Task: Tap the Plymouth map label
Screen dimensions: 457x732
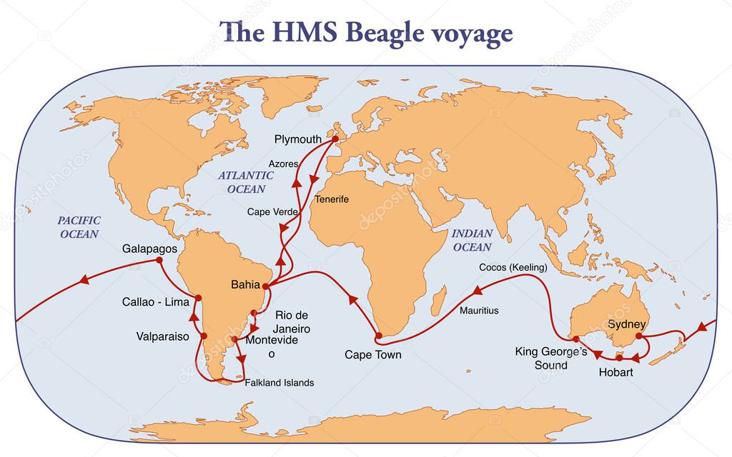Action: tap(298, 139)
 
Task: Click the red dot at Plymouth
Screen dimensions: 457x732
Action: tap(335, 139)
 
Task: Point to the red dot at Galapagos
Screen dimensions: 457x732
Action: tap(159, 261)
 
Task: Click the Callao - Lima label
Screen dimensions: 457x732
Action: tap(155, 301)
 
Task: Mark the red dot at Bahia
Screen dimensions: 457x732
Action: tap(266, 286)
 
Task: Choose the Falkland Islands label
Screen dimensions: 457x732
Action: tap(280, 383)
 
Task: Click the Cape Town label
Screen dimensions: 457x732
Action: tap(372, 354)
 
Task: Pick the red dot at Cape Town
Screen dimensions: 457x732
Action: tap(379, 335)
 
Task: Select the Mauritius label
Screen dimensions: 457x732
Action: tap(479, 311)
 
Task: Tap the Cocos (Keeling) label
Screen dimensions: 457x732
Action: tap(513, 268)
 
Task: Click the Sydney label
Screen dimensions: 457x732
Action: tap(626, 325)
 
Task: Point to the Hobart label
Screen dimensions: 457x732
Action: tap(615, 372)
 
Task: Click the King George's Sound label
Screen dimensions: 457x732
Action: tap(551, 358)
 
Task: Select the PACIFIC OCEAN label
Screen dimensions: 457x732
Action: tap(79, 227)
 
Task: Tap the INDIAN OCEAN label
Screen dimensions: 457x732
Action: tap(473, 240)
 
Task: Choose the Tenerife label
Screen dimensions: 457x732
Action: tap(332, 199)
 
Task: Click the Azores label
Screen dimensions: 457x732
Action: tap(284, 164)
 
